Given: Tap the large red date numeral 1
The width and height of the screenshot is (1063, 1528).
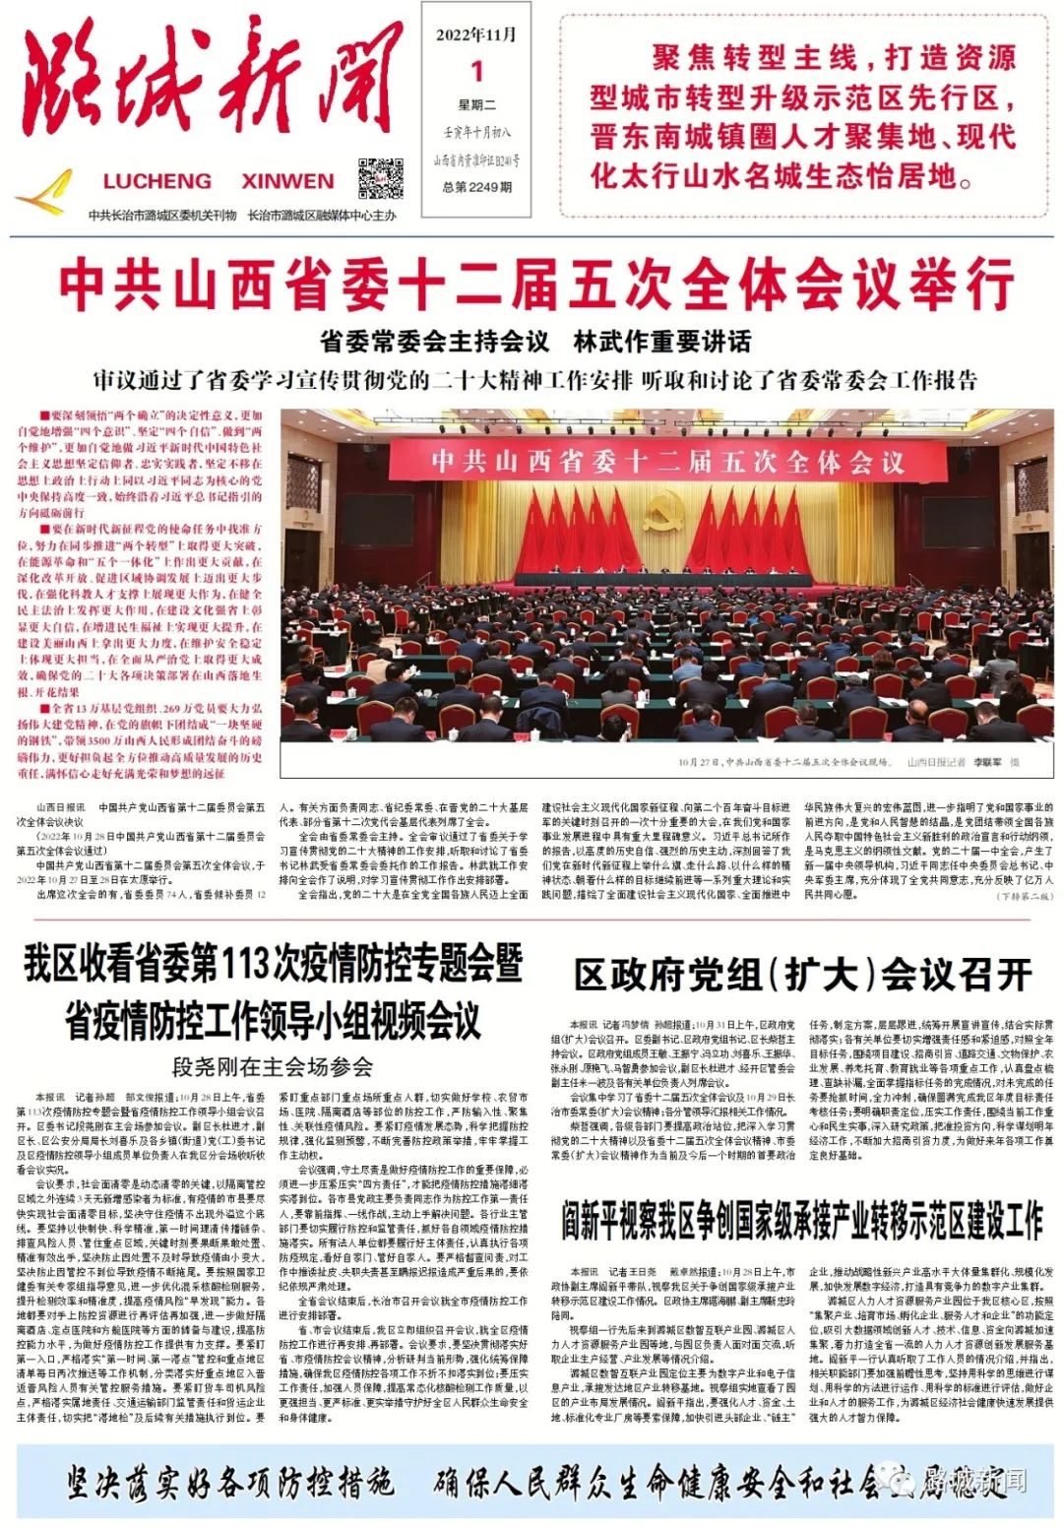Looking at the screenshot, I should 477,71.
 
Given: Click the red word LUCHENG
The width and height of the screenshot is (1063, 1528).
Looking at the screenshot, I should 157,181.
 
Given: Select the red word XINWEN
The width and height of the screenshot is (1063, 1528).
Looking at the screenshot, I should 287,181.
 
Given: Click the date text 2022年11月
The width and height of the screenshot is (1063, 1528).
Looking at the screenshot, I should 476,35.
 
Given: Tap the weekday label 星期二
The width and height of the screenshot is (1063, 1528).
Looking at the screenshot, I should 477,105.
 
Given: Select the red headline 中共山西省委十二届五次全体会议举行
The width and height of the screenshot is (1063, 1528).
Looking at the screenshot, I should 536,285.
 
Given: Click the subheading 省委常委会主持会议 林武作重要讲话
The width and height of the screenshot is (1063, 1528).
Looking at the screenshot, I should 535,342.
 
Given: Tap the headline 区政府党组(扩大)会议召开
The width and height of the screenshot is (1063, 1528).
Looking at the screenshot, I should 802,975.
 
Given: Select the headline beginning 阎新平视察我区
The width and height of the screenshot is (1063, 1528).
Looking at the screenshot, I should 802,1222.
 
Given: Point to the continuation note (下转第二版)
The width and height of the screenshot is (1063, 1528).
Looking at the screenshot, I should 1024,896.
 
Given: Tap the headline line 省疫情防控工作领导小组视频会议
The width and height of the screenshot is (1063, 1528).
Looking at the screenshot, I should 273,1021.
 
